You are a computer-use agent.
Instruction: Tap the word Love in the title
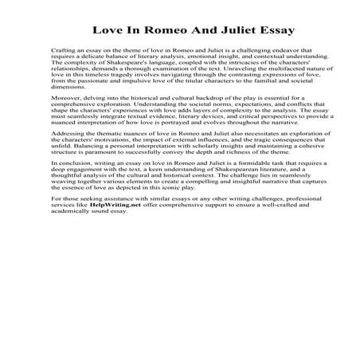click(x=110, y=31)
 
